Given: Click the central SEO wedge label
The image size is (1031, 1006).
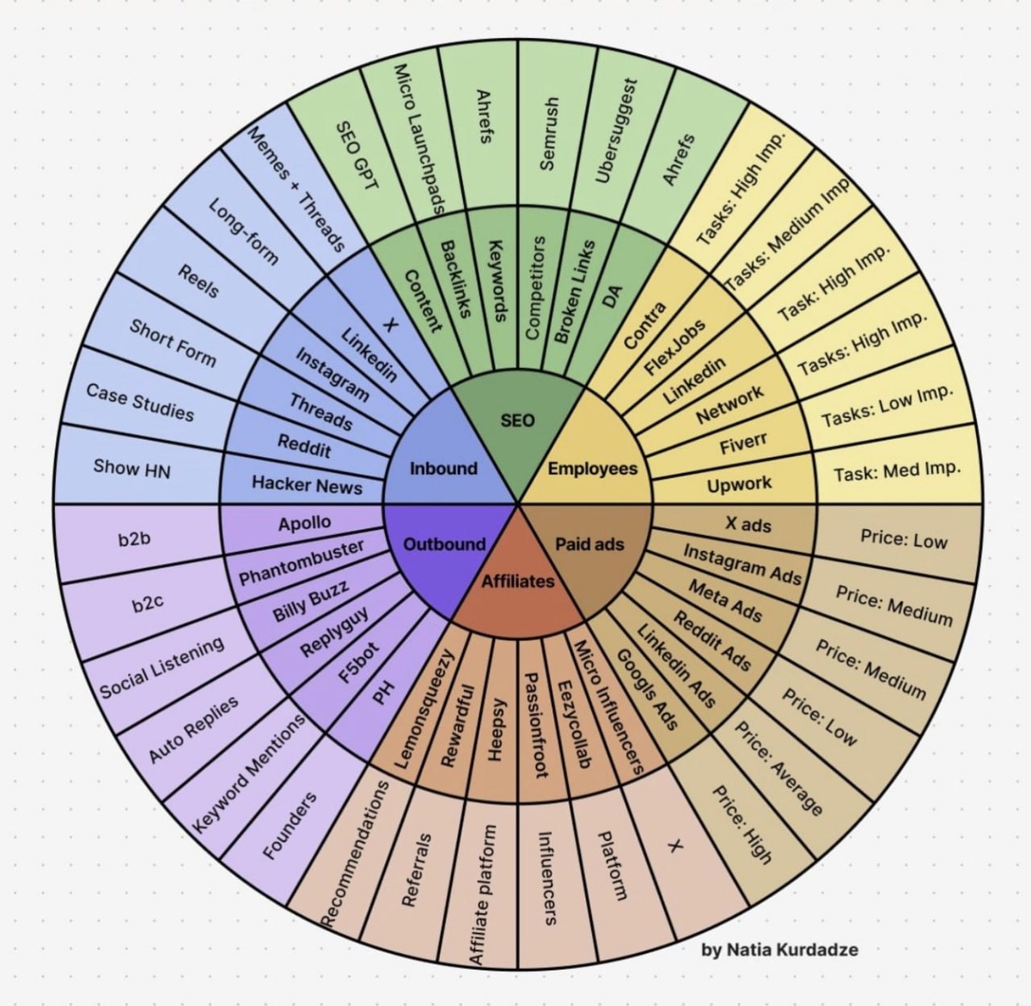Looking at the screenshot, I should pos(517,420).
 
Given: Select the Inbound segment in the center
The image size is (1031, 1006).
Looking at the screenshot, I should pos(443,469).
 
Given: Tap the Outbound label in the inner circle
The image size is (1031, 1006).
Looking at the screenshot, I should pos(444,543).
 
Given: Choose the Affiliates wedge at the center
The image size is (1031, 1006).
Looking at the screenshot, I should pos(518,581).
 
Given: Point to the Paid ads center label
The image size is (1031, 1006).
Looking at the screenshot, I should pos(589,543).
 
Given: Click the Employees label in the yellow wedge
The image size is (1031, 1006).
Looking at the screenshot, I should pos(593,469).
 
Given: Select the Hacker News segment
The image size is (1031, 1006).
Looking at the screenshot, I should pos(307,484).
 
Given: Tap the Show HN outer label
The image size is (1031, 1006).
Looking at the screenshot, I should pos(131,469).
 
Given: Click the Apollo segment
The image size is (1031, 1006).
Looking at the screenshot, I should pos(304,523).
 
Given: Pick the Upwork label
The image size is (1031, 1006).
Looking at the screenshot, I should pos(739,484).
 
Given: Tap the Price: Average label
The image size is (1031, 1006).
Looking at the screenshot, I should pos(779,768).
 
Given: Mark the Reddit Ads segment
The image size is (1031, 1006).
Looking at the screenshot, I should pos(711,641).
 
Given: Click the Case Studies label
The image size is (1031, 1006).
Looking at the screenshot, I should pos(140,402).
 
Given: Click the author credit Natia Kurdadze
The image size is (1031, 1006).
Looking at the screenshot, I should pos(780,949).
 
